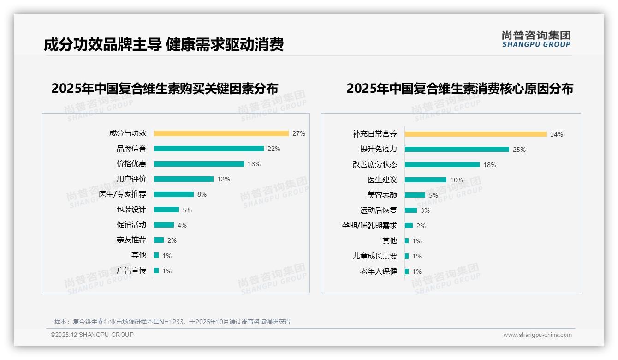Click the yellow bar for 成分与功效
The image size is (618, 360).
(221, 133)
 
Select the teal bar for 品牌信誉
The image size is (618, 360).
(208, 149)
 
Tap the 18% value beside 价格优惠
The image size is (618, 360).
(254, 164)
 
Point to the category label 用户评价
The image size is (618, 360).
(131, 179)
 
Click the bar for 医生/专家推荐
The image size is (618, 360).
(173, 194)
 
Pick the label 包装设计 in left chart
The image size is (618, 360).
(131, 210)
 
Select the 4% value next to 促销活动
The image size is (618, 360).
(182, 225)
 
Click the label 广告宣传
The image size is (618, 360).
(131, 270)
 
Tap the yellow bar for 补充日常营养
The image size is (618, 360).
(475, 134)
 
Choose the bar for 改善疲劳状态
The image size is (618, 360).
(442, 165)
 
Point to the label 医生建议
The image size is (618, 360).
(382, 180)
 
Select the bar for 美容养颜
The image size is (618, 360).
(415, 195)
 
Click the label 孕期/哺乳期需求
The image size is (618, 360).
(369, 226)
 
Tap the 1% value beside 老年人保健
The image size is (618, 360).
(417, 271)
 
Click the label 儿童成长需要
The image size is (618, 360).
(374, 256)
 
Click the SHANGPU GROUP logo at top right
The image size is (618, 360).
(536, 39)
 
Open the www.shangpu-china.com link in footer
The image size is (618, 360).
(537, 335)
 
